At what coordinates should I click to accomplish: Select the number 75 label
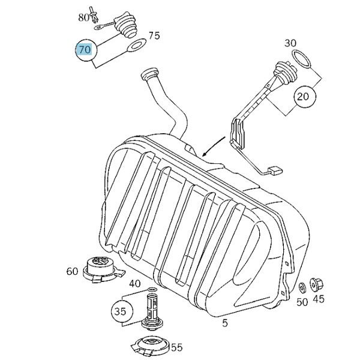[154, 36]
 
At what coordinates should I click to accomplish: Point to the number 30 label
[290, 43]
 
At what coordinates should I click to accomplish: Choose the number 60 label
[73, 272]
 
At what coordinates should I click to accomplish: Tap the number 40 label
[134, 284]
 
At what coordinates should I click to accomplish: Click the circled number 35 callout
[120, 311]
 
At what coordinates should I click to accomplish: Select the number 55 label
[176, 347]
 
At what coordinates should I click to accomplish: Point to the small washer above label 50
[299, 287]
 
